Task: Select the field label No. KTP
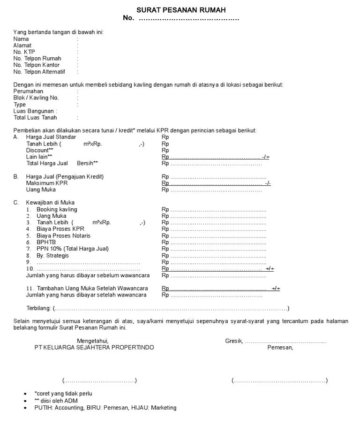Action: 24,52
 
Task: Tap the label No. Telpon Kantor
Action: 37,65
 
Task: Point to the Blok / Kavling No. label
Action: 36,98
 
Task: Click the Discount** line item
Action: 39,150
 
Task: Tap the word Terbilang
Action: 38,308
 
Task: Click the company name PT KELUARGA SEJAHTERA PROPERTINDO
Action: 94,348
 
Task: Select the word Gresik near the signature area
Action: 233,341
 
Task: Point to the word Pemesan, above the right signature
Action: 280,348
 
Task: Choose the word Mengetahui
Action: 93,341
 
